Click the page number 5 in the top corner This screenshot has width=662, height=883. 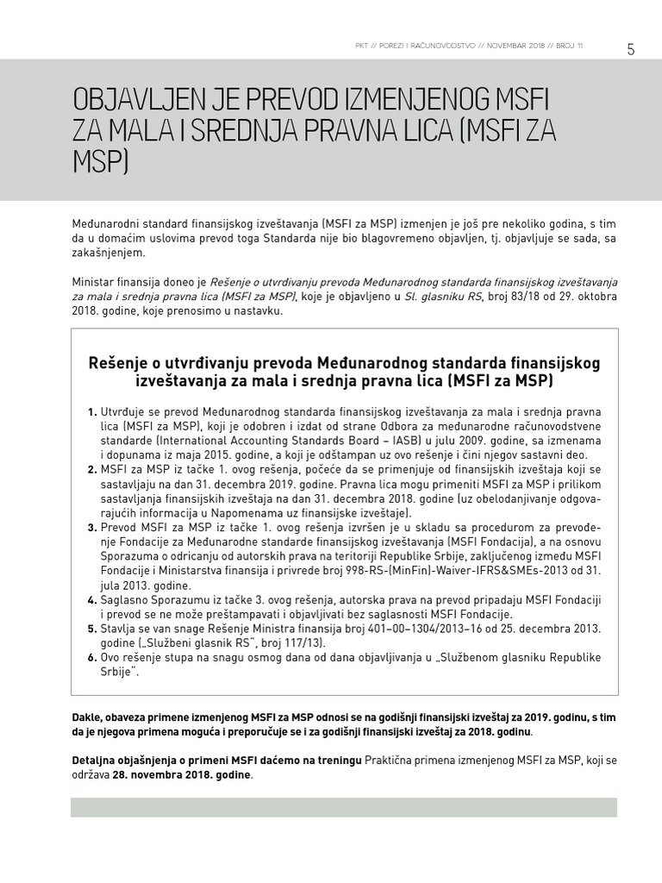(x=630, y=49)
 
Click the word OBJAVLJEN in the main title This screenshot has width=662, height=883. (x=132, y=97)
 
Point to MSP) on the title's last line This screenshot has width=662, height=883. (x=100, y=164)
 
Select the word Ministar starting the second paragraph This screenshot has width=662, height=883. (x=93, y=282)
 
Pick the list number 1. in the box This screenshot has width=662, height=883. (x=92, y=413)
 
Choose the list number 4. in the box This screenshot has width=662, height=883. (x=92, y=599)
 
